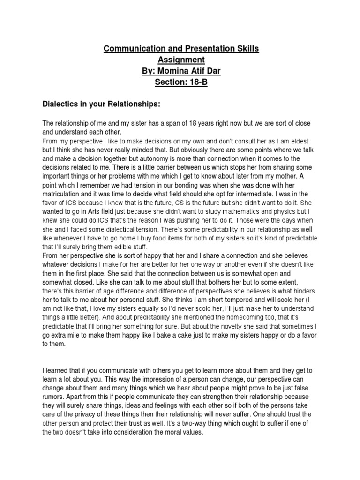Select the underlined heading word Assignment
(180, 60)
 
